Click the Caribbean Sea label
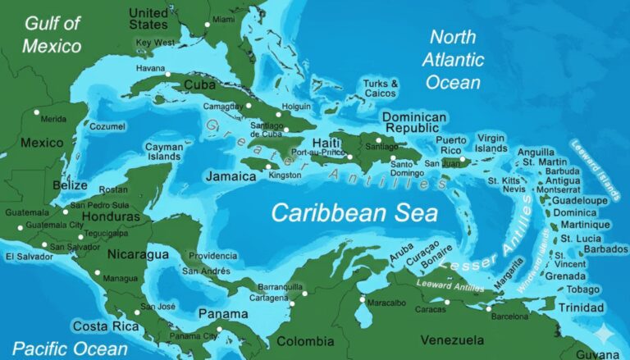(354, 213)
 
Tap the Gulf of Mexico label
(52, 34)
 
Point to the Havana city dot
(167, 75)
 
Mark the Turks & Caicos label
(381, 89)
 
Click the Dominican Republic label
(414, 123)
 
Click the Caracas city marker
(447, 302)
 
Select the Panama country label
(222, 314)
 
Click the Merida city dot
(36, 112)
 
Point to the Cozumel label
(107, 127)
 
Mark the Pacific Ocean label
(70, 348)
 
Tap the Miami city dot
(207, 25)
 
